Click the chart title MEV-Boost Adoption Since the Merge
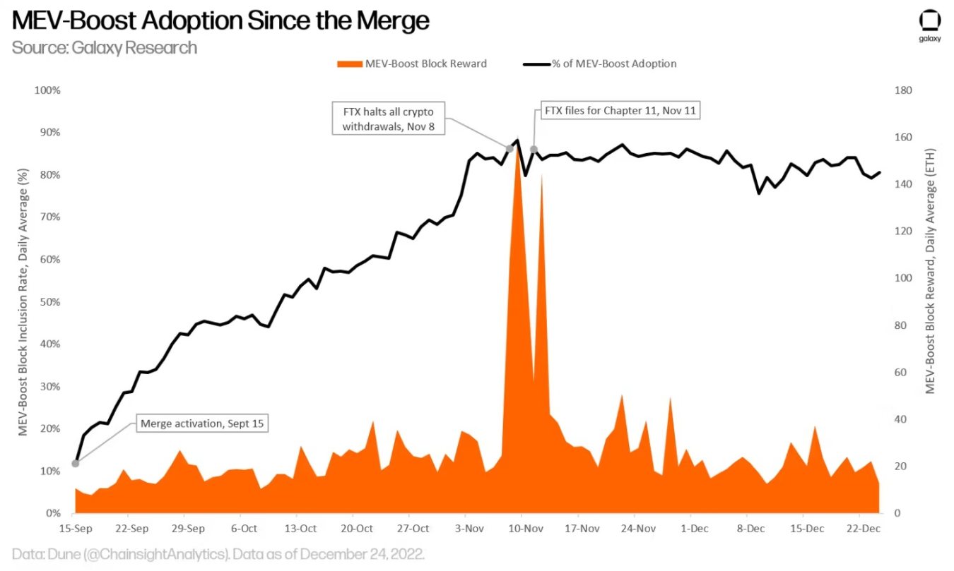click(220, 20)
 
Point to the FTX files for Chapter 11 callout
click(620, 111)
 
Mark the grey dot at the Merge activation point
click(76, 464)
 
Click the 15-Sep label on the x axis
click(76, 528)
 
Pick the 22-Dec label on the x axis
click(864, 528)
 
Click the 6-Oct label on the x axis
click(244, 528)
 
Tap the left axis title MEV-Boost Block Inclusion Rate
click(23, 301)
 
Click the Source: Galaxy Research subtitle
click(105, 48)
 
